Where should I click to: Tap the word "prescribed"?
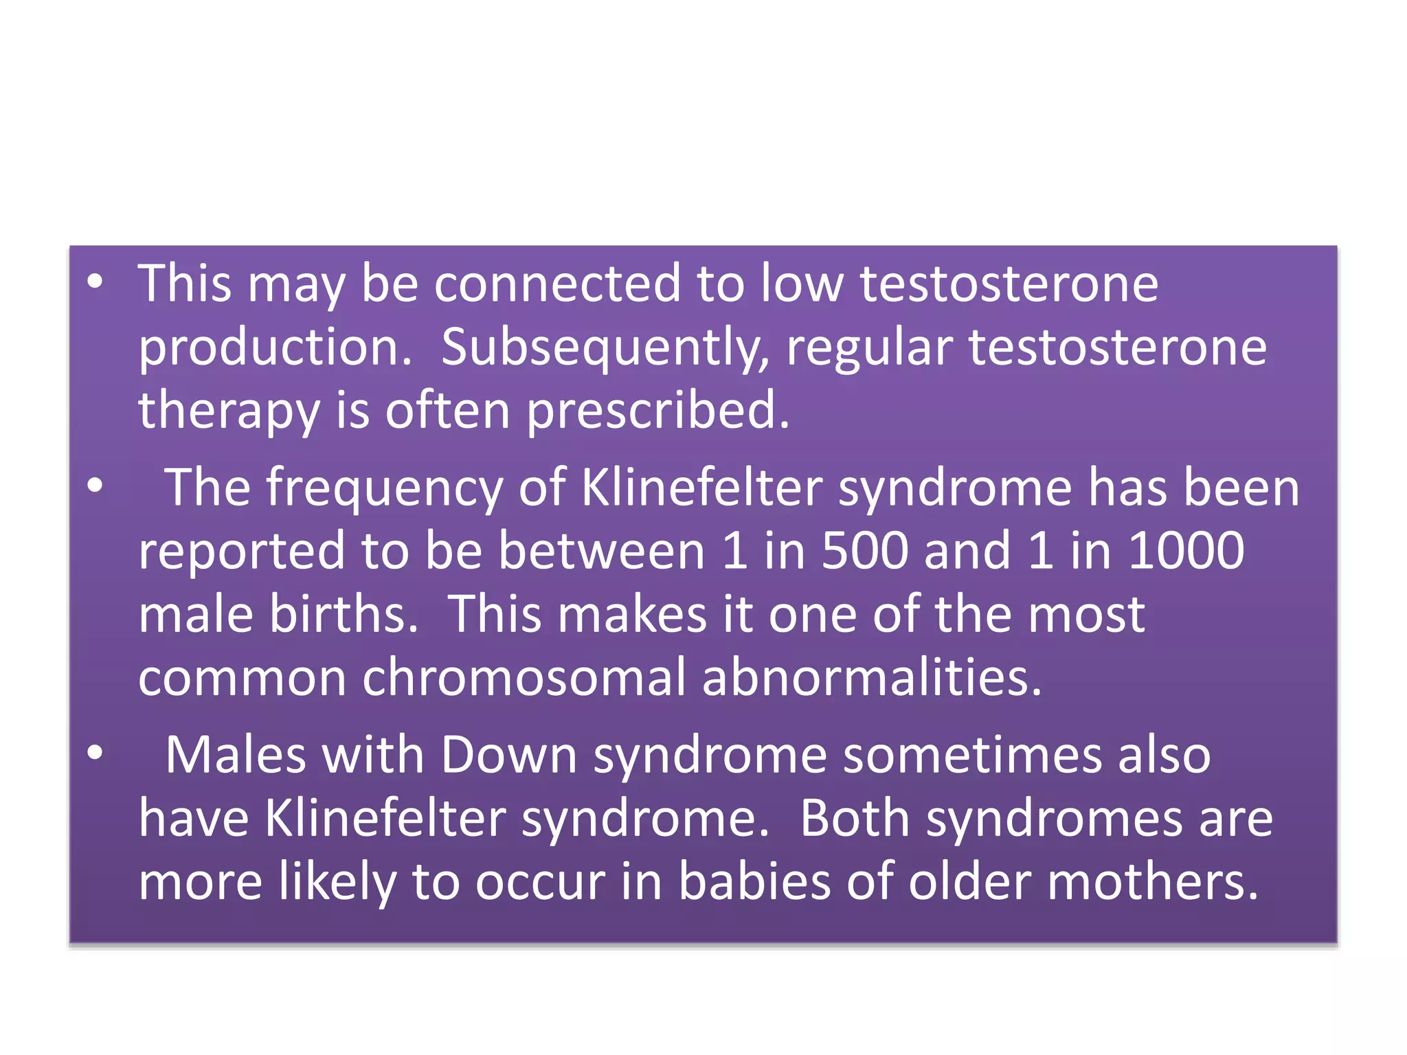point(657,410)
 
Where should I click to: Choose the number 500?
point(865,551)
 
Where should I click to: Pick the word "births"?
point(344,613)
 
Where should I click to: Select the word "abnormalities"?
point(872,677)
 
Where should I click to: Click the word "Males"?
point(236,755)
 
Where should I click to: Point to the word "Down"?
point(508,755)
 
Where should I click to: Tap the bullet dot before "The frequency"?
point(95,486)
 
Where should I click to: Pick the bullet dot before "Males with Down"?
point(95,753)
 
